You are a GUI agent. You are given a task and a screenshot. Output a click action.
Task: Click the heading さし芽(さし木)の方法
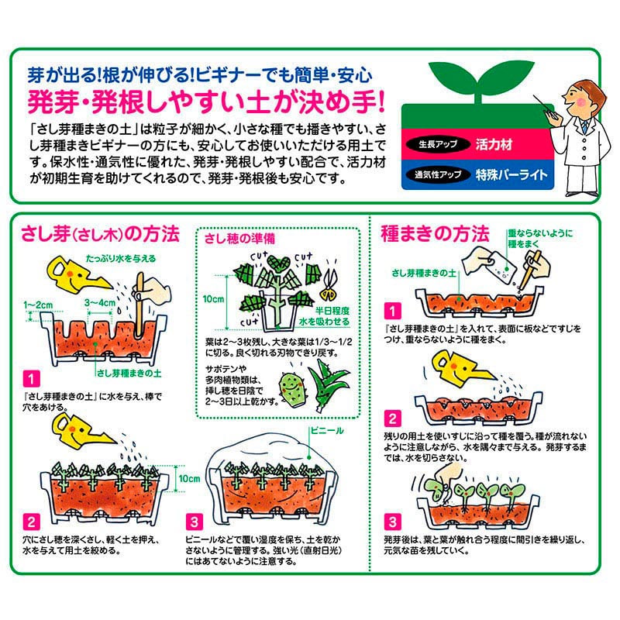click(x=100, y=234)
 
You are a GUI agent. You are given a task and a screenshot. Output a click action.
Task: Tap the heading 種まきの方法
click(x=435, y=233)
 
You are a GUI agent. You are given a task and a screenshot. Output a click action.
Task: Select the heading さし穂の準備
click(x=239, y=239)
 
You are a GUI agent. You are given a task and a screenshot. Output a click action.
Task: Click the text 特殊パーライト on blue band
click(x=511, y=174)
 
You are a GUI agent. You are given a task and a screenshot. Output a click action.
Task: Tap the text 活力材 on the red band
click(x=494, y=144)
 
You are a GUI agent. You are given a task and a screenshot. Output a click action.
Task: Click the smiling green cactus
click(x=293, y=390)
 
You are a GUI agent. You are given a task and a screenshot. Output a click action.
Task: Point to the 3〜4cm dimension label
click(x=100, y=303)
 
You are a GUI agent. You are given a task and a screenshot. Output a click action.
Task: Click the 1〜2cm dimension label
click(x=38, y=305)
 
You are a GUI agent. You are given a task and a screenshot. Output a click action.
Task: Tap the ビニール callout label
click(x=327, y=431)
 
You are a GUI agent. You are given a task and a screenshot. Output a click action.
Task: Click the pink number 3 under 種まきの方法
click(x=392, y=522)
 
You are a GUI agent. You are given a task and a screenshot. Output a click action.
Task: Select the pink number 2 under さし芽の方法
click(x=31, y=522)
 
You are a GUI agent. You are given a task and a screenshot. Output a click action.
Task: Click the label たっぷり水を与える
click(x=121, y=259)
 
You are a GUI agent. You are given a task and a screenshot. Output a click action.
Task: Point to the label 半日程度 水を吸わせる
click(x=325, y=316)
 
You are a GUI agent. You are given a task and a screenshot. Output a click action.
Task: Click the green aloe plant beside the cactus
click(x=327, y=384)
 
